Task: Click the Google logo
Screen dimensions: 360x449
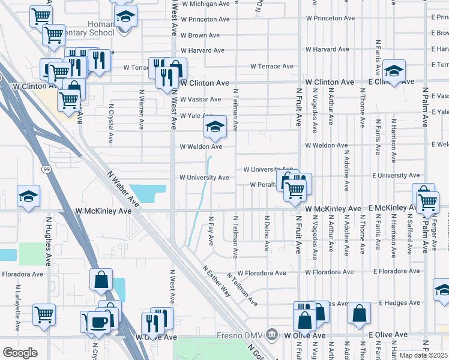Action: (20, 352)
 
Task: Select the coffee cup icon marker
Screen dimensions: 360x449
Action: (99, 321)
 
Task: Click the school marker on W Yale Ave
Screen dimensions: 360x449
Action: (214, 127)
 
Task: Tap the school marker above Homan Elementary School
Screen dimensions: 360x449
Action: (125, 17)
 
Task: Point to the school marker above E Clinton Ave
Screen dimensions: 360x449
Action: (394, 71)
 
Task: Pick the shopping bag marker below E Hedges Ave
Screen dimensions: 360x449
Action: (359, 313)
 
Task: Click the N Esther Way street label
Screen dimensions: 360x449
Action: (217, 281)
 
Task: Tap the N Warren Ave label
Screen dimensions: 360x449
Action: (142, 104)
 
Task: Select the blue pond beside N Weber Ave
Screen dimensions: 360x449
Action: (146, 193)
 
